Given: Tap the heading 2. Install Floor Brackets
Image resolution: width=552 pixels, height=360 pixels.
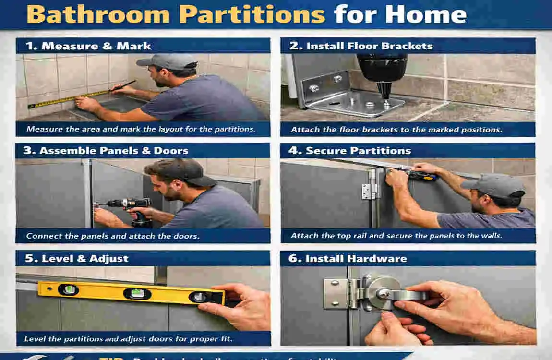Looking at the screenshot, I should [x=361, y=46].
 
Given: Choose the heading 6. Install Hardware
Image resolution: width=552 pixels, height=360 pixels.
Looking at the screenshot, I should [x=348, y=258].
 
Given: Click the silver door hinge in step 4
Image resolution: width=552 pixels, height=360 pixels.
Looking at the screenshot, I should [x=368, y=191].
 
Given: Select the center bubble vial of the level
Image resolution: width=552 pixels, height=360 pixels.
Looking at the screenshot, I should [x=137, y=293].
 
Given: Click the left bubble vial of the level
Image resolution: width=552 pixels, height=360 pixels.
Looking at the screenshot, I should [x=68, y=289].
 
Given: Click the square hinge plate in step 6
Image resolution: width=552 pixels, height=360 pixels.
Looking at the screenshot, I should [x=335, y=293].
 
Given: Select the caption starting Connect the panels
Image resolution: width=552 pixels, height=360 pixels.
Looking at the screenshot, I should [x=113, y=236].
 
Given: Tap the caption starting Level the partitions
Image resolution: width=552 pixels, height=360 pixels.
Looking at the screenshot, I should [x=129, y=339].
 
